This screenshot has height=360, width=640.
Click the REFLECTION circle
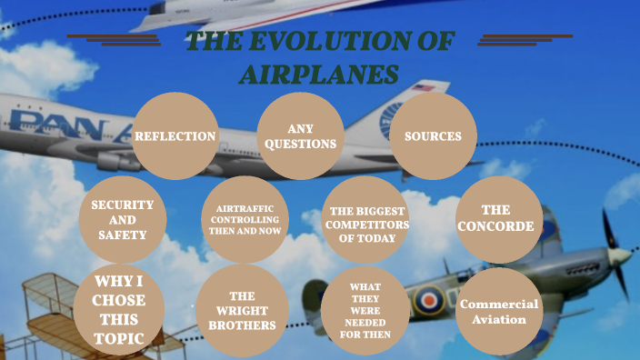point(175,136)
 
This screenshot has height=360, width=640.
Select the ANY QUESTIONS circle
point(300,136)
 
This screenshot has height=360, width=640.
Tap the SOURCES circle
point(433,136)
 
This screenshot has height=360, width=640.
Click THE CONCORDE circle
point(498,219)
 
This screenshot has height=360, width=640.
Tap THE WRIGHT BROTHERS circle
point(242,310)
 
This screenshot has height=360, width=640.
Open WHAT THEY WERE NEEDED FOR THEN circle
point(365,310)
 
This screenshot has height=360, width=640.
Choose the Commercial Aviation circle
point(499,311)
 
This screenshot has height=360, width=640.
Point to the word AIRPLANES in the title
point(319,75)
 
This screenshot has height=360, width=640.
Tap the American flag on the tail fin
point(424,88)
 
